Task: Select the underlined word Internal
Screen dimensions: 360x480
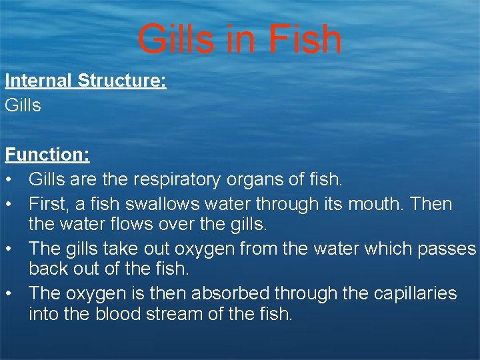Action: click(x=39, y=81)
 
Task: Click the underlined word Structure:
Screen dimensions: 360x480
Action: click(x=122, y=81)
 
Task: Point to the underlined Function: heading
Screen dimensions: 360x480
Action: click(x=47, y=155)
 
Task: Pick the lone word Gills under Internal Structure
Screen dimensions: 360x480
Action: click(x=23, y=105)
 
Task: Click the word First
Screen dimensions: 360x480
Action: click(x=49, y=204)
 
